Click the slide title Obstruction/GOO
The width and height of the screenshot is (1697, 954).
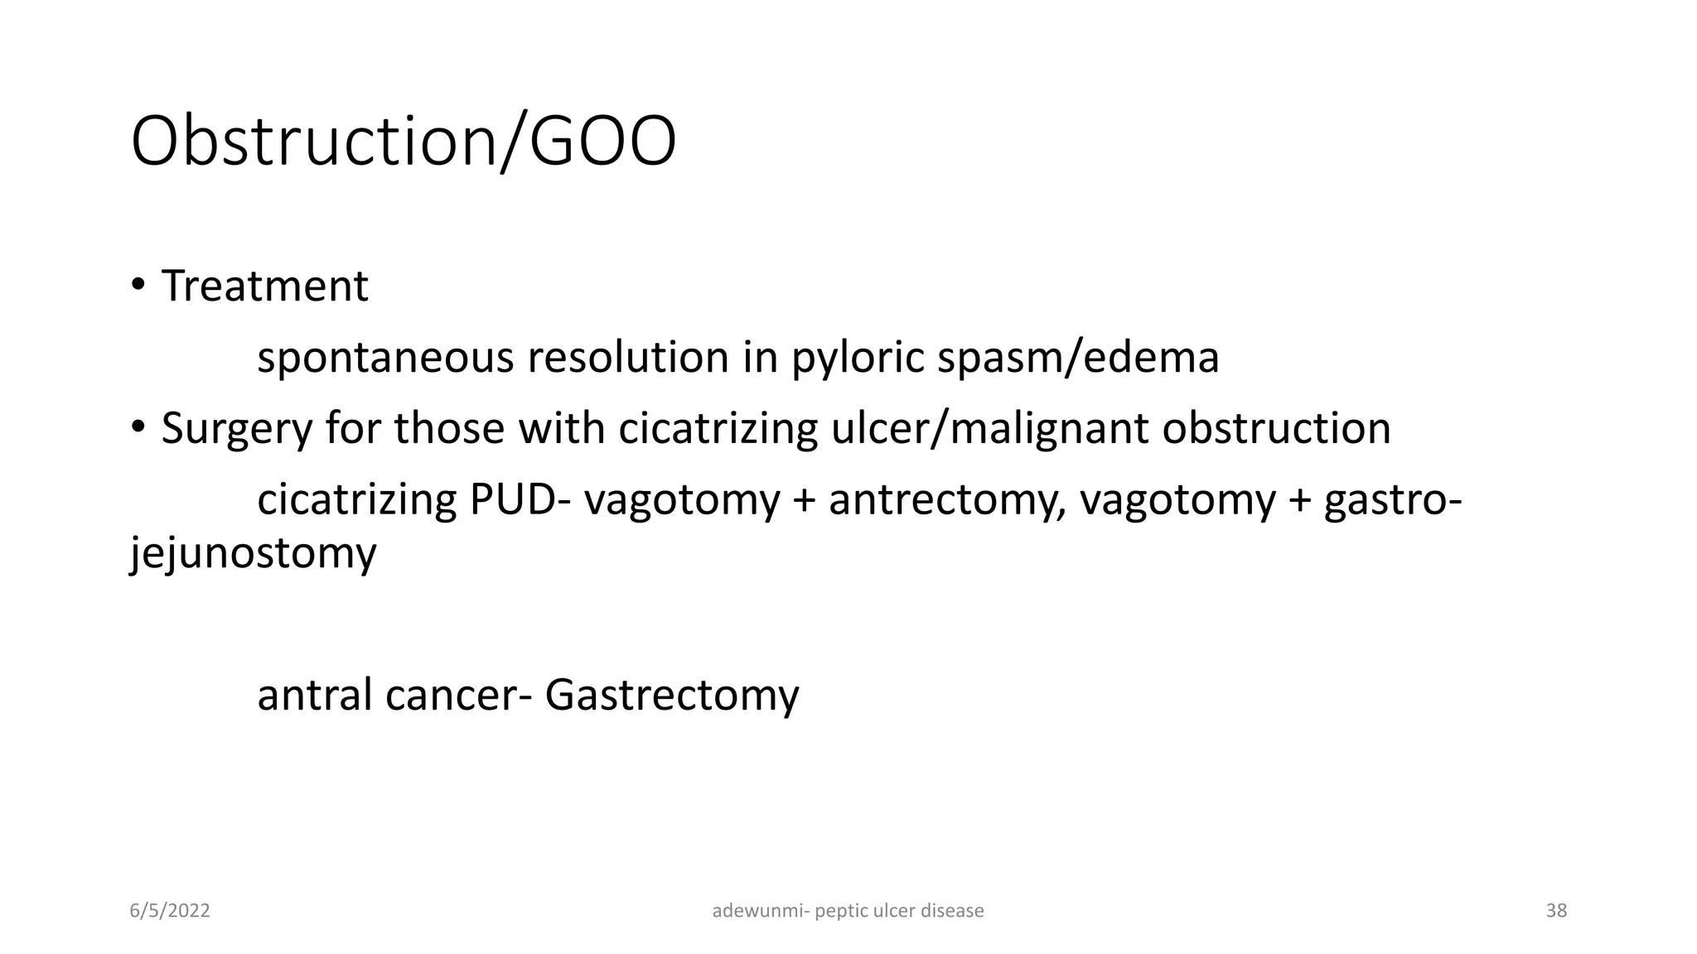pos(404,142)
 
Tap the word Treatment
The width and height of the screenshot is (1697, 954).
pos(264,287)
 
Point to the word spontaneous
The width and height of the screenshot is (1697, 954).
pos(385,359)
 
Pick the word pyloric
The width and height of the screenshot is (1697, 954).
pos(858,359)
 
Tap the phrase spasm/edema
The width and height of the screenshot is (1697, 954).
pos(1078,359)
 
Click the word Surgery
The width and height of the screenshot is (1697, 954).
pos(238,429)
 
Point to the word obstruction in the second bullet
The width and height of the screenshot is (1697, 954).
pos(1276,429)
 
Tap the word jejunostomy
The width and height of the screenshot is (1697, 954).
pos(254,552)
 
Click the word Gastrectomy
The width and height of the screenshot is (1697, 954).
pos(671,694)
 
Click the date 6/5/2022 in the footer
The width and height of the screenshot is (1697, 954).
pos(170,911)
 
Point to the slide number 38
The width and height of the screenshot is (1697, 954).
pos(1556,911)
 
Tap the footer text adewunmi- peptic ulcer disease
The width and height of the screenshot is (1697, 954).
pos(848,911)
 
